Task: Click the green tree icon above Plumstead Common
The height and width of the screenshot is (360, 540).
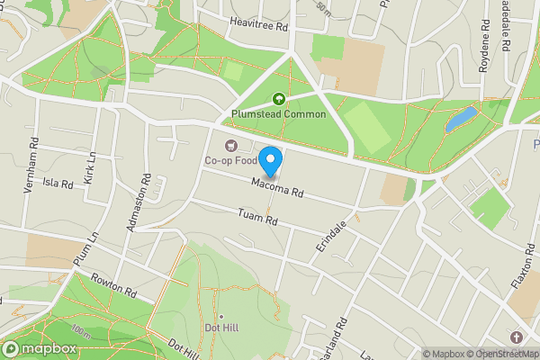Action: tap(279, 100)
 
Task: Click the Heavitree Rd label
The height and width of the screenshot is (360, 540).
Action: tap(258, 27)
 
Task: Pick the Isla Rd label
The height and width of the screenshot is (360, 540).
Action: tap(58, 183)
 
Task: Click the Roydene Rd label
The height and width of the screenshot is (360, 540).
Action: tap(467, 56)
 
